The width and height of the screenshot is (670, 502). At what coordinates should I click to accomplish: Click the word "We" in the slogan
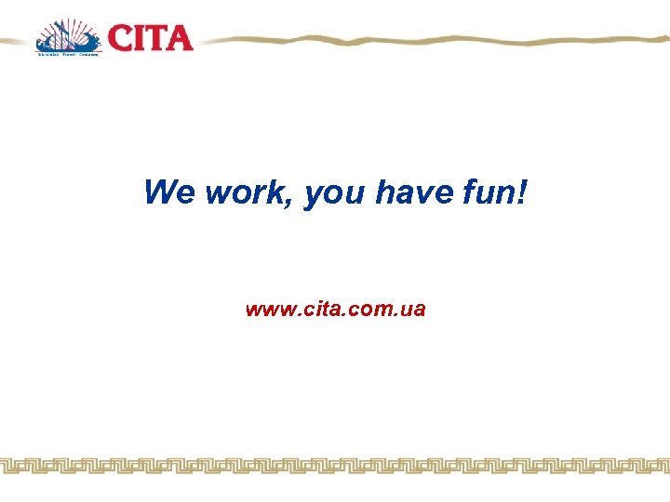tap(170, 193)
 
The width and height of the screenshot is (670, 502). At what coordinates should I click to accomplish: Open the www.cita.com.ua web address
tap(335, 310)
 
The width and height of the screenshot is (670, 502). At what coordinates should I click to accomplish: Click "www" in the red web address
tap(266, 310)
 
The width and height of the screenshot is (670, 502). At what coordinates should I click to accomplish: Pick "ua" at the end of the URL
tap(414, 310)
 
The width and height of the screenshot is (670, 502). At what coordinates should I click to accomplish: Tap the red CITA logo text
tap(150, 38)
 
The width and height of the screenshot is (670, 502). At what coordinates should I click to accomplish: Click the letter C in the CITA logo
tap(120, 38)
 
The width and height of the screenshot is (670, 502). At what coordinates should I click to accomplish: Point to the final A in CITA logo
tap(178, 38)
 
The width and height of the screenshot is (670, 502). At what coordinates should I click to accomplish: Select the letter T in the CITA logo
tap(155, 38)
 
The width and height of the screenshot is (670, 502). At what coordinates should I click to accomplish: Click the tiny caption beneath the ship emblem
tap(67, 55)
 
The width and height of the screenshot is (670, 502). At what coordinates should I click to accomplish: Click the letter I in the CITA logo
tap(140, 38)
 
